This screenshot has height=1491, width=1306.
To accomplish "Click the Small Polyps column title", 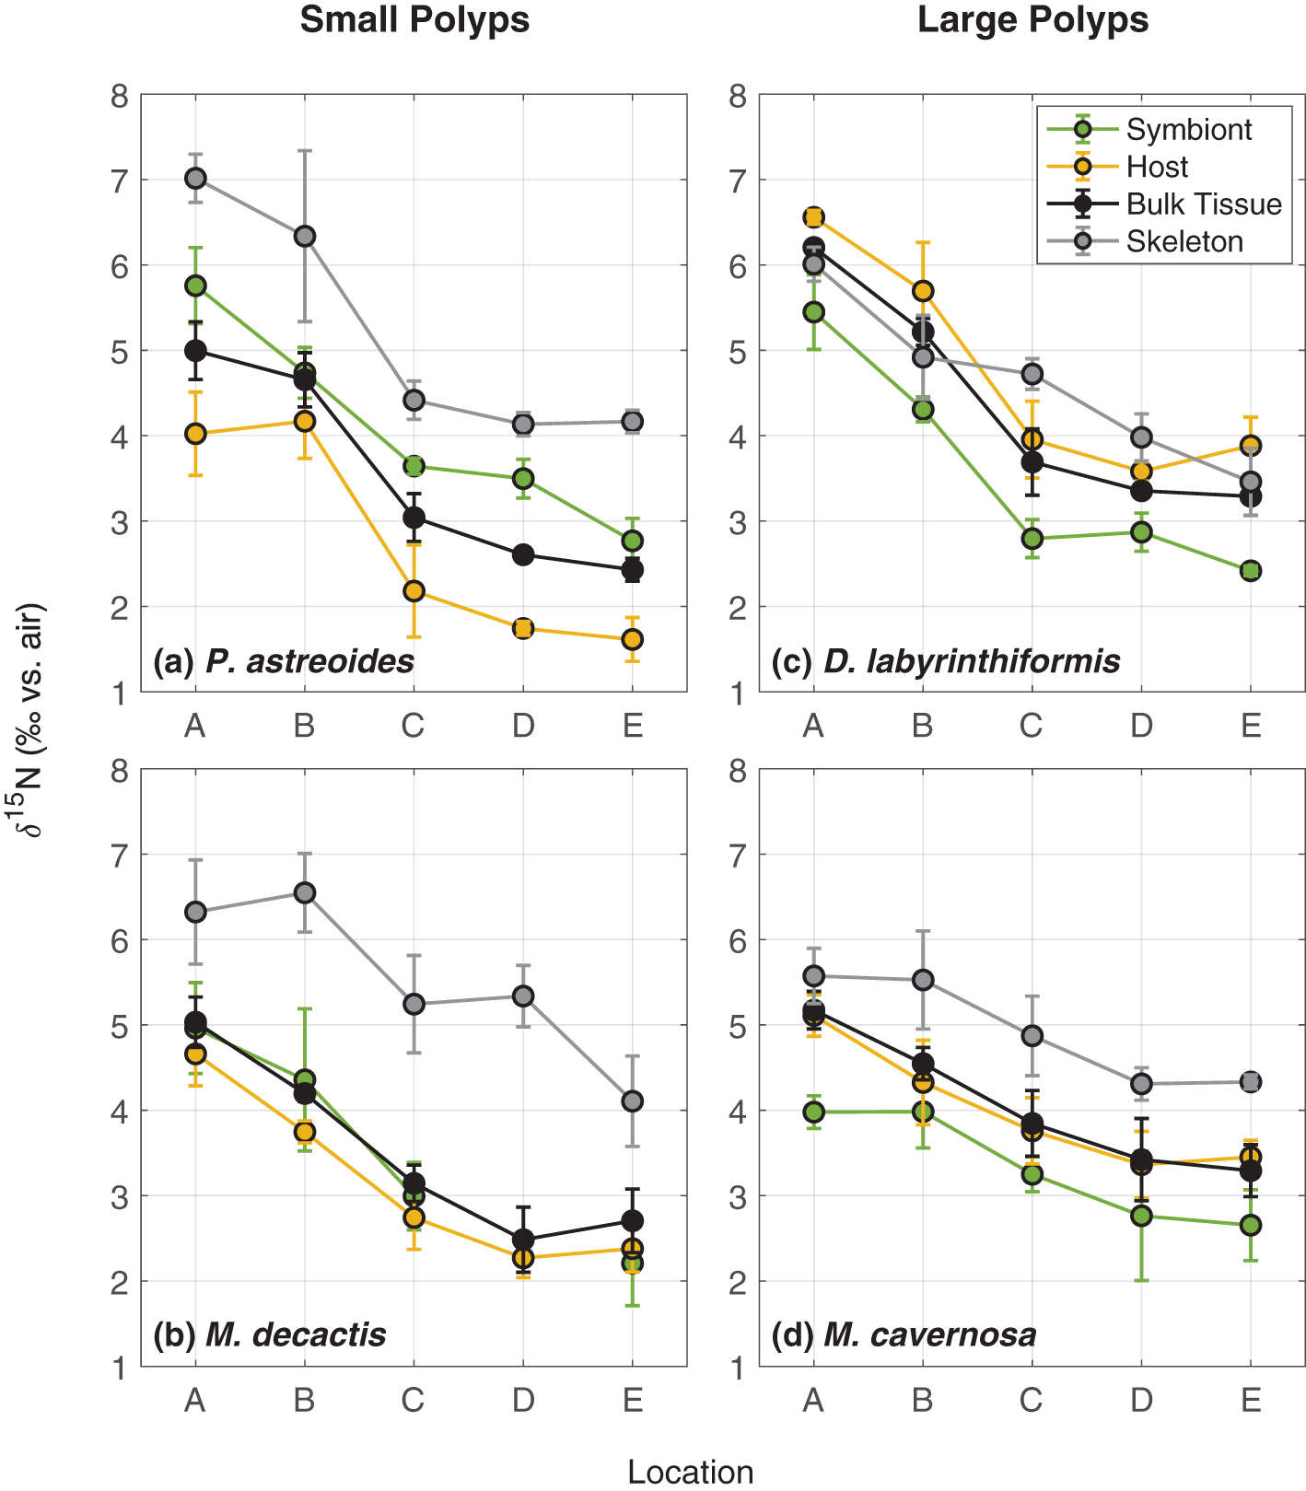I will [x=414, y=19].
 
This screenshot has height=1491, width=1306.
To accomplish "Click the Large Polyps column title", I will [x=1032, y=19].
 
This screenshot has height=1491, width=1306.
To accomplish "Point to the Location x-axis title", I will [x=690, y=1472].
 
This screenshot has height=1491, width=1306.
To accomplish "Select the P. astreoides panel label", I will [x=284, y=660].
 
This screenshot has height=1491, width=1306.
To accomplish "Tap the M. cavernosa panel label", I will [x=904, y=1334].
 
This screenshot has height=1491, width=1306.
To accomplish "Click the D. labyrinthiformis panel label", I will [x=946, y=660].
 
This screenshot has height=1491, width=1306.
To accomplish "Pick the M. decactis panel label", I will [x=269, y=1334].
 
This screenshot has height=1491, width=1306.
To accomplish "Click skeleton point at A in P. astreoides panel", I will [x=195, y=178].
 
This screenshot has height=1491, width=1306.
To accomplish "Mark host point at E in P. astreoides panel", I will [x=632, y=639].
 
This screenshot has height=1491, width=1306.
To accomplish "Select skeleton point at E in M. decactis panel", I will [x=632, y=1101].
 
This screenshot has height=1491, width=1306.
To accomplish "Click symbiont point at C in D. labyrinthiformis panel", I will [x=1032, y=538].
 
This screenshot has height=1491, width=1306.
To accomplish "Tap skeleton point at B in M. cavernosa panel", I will [x=923, y=980].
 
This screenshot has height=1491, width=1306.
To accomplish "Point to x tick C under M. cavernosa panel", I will [x=1032, y=1401].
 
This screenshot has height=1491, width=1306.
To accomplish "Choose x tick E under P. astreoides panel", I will [x=632, y=727].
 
